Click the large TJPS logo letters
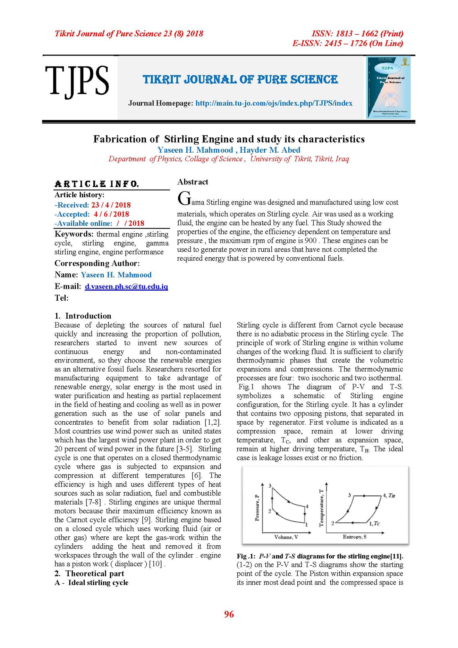(77, 80)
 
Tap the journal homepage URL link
(274, 103)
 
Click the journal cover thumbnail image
(388, 87)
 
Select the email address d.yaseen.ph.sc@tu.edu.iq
(126, 287)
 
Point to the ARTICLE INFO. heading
(97, 184)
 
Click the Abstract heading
(193, 182)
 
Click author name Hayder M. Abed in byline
(270, 150)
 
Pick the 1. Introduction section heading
(83, 316)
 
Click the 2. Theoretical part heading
(89, 574)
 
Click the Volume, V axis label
(286, 537)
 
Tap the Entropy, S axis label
(354, 537)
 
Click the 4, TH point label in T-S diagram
(389, 495)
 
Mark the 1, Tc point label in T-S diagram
(374, 523)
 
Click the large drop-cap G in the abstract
(184, 198)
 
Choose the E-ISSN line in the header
(348, 44)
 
